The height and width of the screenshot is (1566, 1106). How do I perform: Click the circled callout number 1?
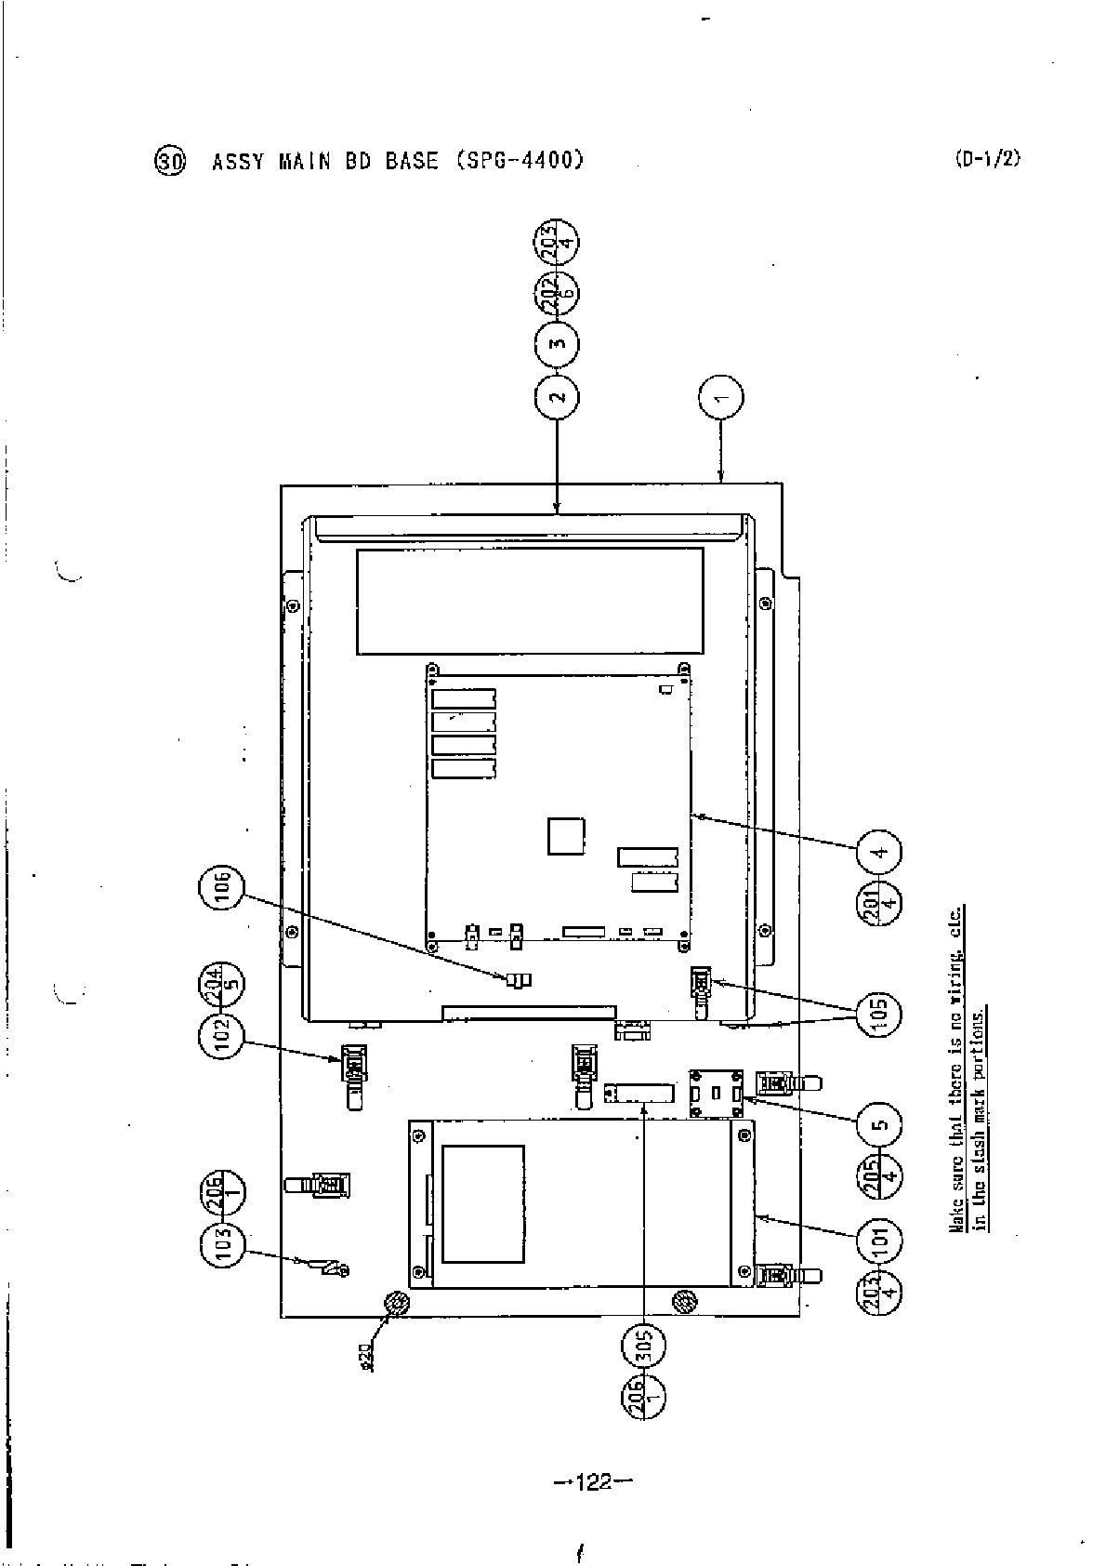tap(721, 397)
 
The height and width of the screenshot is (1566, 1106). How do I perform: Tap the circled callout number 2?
tap(557, 397)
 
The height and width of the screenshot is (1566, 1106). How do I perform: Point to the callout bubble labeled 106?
tap(220, 889)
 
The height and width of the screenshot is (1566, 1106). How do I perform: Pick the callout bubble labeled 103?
tap(220, 1242)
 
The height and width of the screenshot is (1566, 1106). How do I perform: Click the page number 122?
tap(592, 1480)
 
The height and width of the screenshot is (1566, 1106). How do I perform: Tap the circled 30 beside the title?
tap(170, 161)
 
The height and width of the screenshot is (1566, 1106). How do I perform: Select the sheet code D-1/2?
tap(986, 158)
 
